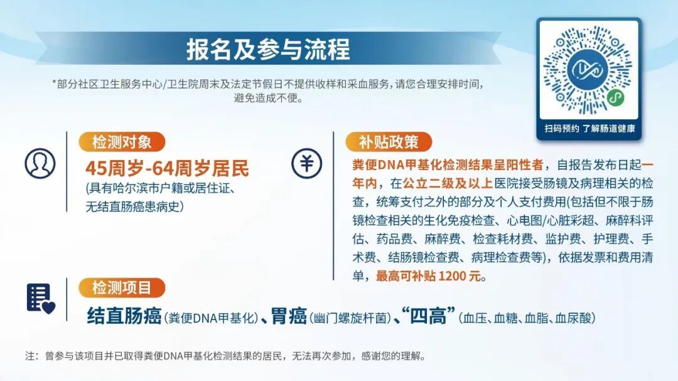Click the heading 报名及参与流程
[268, 49]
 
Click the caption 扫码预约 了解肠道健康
[589, 129]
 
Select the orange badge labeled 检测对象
[122, 142]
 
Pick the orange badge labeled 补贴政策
[389, 142]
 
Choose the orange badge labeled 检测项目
[122, 287]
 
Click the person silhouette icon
[40, 163]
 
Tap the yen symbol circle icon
[306, 163]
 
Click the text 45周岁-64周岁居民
[168, 168]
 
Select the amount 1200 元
[460, 276]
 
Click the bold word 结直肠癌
[124, 316]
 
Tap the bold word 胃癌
[289, 316]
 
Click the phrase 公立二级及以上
[448, 183]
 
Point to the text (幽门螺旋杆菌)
[350, 318]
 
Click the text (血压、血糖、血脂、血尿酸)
[527, 318]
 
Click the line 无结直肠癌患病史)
[134, 207]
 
